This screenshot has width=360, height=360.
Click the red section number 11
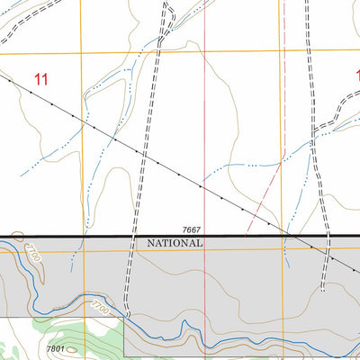[40, 79]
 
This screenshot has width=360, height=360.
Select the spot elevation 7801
[56, 348]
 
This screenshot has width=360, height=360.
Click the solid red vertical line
[205, 135]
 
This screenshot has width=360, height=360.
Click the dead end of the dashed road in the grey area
[322, 291]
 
